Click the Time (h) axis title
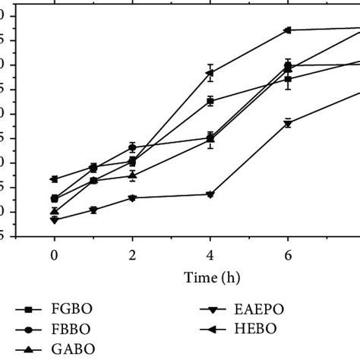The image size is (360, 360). coord(210,278)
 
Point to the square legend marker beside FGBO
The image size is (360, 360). coord(29,309)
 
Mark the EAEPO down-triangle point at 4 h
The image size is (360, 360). coord(210,194)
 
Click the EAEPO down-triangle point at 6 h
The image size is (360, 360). coord(288,123)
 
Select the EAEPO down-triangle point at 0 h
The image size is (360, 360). coord(54,219)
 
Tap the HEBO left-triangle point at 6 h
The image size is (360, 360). coord(288,30)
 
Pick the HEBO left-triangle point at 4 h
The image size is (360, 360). coord(210,73)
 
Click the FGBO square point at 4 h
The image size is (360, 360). coord(210,100)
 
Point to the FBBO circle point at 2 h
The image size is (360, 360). coord(132,147)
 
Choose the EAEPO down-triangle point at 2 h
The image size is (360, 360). coord(132,197)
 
